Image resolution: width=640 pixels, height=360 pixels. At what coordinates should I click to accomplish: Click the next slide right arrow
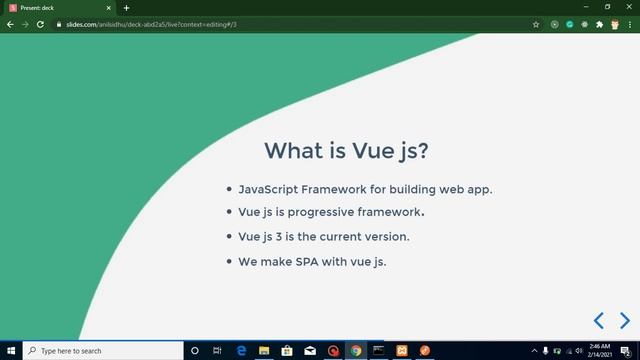click(x=625, y=320)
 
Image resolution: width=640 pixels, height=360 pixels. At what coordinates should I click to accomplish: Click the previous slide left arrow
click(x=599, y=320)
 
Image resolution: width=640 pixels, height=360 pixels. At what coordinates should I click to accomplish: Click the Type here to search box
click(x=100, y=351)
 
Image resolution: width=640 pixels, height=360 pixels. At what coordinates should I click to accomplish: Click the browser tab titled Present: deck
click(x=40, y=7)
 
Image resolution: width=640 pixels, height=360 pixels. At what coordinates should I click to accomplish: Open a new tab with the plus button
click(x=126, y=7)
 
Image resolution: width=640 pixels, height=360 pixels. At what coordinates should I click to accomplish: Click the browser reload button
click(x=40, y=23)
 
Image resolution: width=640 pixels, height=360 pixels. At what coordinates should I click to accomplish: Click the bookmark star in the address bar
click(x=536, y=23)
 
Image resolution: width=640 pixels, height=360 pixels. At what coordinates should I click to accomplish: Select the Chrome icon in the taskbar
click(x=356, y=351)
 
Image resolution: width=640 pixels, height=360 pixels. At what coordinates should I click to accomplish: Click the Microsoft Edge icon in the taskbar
click(x=241, y=351)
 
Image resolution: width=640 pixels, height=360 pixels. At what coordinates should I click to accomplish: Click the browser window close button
click(x=628, y=7)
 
